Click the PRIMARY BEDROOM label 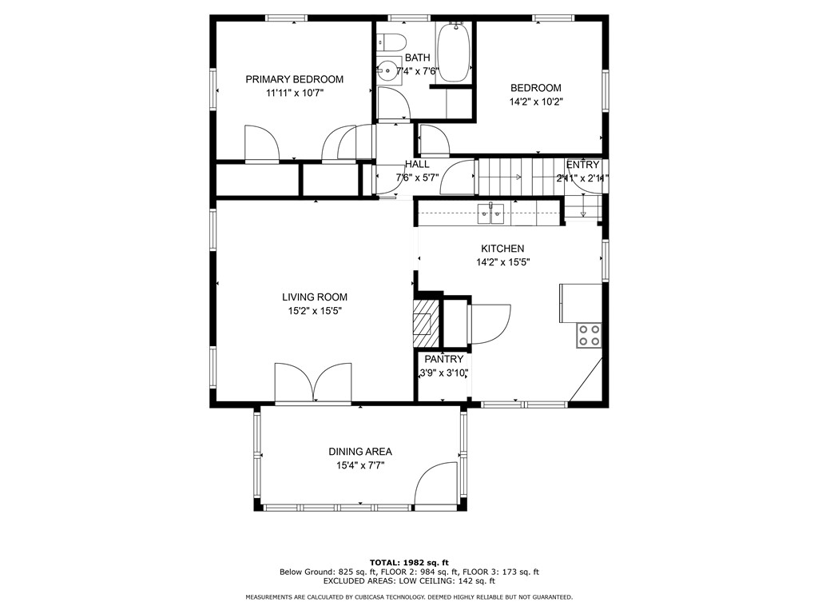(x=294, y=79)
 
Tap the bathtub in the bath (x=453, y=52)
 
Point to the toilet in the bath (x=392, y=41)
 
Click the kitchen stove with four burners (x=590, y=335)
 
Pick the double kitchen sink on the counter (x=490, y=211)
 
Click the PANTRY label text (x=443, y=360)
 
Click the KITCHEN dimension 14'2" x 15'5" (x=502, y=262)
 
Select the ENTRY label (x=582, y=165)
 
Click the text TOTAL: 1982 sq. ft (x=408, y=562)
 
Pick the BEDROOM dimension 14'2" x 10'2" (x=535, y=102)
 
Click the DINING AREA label (x=360, y=452)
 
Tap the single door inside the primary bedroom (x=261, y=145)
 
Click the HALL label (x=417, y=164)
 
